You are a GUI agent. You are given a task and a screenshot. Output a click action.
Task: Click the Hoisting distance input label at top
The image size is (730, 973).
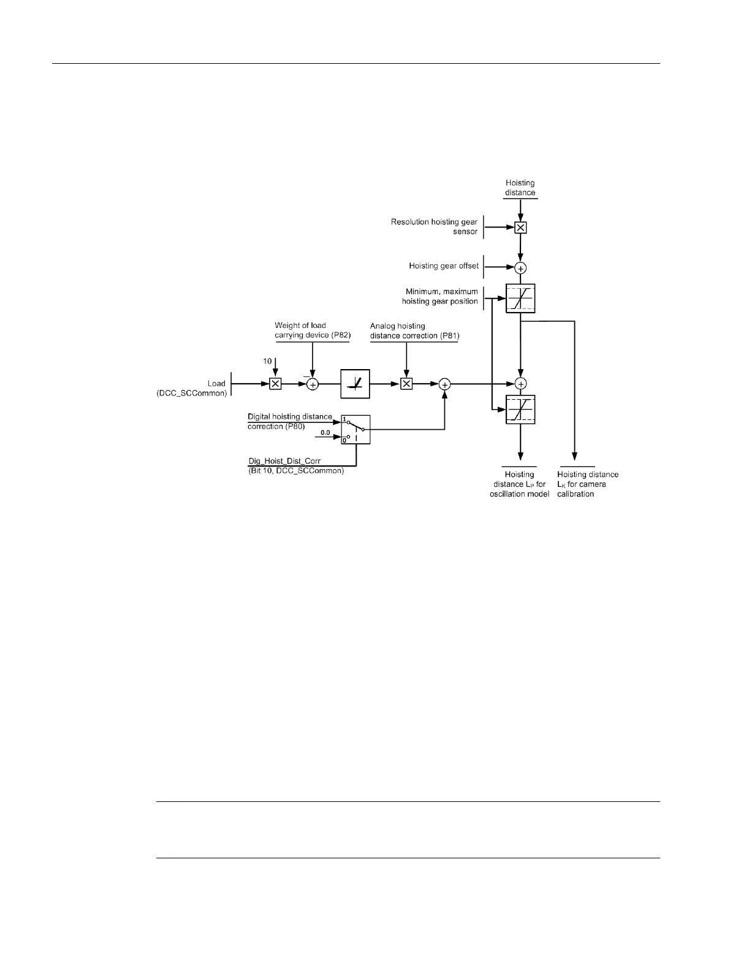point(520,188)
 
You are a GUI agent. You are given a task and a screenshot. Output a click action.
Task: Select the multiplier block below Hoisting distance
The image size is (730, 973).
point(520,227)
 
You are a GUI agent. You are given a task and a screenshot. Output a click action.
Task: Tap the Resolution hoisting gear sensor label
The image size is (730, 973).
point(434,227)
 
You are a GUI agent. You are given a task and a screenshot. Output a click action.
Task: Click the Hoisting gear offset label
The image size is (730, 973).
point(444,266)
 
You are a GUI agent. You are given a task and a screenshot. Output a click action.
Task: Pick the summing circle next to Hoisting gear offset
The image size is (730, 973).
point(520,268)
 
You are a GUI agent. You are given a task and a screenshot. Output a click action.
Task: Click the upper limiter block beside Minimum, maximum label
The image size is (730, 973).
point(520,299)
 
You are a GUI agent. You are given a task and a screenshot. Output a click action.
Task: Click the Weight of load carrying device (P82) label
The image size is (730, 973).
point(312,330)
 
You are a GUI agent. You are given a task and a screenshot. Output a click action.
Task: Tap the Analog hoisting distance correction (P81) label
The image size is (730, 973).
point(414,330)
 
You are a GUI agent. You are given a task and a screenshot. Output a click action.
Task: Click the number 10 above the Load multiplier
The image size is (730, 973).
point(268,361)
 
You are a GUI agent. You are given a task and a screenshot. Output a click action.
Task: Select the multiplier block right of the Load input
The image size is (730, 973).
point(276,384)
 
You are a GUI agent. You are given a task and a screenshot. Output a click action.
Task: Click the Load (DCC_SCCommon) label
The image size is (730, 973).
point(192,388)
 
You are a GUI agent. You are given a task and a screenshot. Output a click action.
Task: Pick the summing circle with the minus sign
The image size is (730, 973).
point(313,384)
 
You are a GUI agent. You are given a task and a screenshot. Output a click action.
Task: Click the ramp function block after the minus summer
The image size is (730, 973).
point(355,384)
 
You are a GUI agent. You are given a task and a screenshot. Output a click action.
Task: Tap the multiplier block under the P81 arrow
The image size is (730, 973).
point(406,384)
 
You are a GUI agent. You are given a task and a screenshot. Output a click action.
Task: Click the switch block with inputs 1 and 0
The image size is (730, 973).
point(355,429)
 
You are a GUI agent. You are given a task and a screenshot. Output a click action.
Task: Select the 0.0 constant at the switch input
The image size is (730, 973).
point(325,433)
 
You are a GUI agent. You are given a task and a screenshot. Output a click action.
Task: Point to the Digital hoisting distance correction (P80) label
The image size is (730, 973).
point(290,421)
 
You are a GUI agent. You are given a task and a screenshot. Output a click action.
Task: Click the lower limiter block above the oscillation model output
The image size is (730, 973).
point(520,410)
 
